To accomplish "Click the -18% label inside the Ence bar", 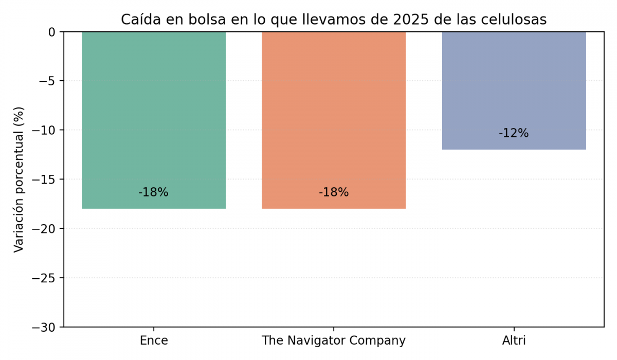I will [x=153, y=192].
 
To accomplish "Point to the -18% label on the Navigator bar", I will [x=334, y=192].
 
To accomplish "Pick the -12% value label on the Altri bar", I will [x=514, y=133].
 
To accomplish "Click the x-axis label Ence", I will [x=154, y=340].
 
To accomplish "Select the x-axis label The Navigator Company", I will [x=334, y=340].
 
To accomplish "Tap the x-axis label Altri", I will [x=514, y=340].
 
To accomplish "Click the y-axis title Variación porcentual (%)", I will [x=19, y=179].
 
